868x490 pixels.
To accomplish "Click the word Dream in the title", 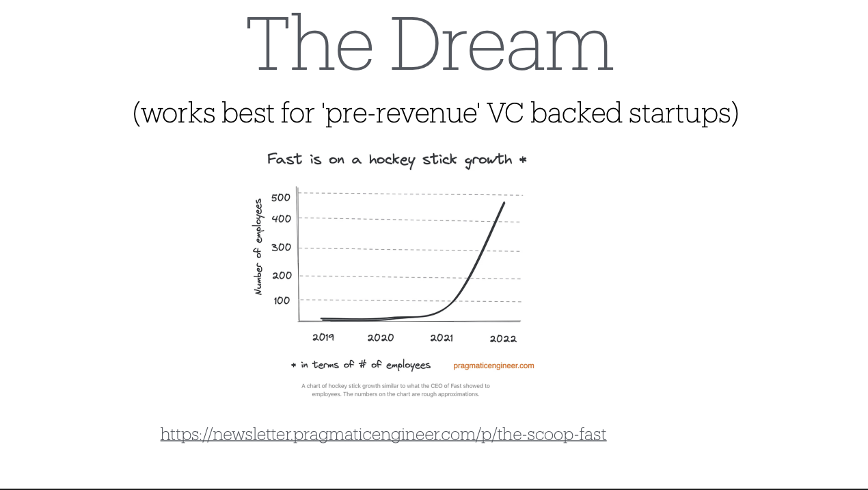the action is click(x=502, y=43).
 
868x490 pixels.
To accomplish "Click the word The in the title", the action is click(x=310, y=42).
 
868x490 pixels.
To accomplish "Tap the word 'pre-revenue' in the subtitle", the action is click(x=400, y=114).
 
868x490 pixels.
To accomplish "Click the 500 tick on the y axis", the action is click(x=280, y=198).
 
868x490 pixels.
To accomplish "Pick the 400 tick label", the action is click(x=281, y=219).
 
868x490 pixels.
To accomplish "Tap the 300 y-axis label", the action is click(x=281, y=247).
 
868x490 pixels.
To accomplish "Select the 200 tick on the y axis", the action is click(x=282, y=276).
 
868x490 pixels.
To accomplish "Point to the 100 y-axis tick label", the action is click(x=282, y=300).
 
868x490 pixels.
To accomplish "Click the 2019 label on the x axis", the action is click(x=323, y=337).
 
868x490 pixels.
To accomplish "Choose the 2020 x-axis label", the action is click(x=381, y=337).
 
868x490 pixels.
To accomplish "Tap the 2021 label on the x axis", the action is click(x=442, y=338).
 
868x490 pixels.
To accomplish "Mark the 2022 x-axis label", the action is click(x=503, y=339).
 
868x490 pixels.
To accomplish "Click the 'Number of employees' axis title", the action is click(x=258, y=247).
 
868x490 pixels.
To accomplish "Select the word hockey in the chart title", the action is click(x=392, y=160).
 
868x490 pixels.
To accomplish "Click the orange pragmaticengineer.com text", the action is click(x=493, y=365).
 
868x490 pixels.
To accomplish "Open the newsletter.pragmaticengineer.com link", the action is click(x=383, y=434).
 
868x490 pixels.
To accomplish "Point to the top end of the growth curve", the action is click(x=504, y=202).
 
